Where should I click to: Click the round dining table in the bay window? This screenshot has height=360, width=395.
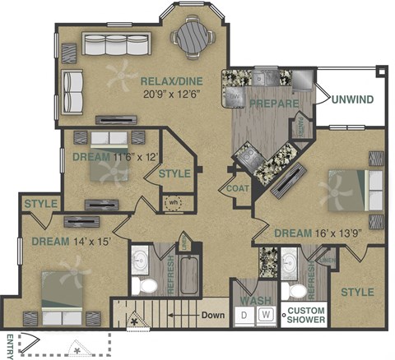195,35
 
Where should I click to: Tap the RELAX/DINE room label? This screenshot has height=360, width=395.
174,81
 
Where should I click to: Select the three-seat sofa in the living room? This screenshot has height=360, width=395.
112,44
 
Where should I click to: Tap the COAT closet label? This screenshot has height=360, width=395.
238,188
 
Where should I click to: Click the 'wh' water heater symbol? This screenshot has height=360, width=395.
174,201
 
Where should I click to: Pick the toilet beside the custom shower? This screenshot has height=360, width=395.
290,291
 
